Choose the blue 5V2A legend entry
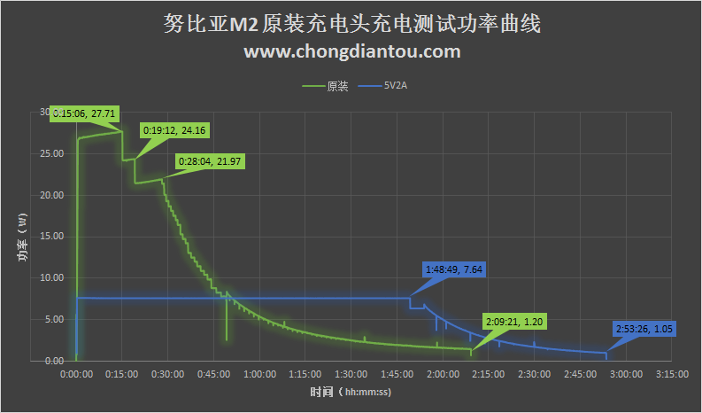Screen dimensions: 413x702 click(x=395, y=87)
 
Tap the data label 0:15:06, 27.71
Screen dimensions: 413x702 click(x=86, y=113)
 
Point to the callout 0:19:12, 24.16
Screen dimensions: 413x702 click(x=174, y=130)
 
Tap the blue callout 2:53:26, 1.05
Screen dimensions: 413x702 click(x=643, y=330)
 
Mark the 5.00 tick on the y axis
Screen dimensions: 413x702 click(x=54, y=319)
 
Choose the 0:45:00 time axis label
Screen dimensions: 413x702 click(x=213, y=374)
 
